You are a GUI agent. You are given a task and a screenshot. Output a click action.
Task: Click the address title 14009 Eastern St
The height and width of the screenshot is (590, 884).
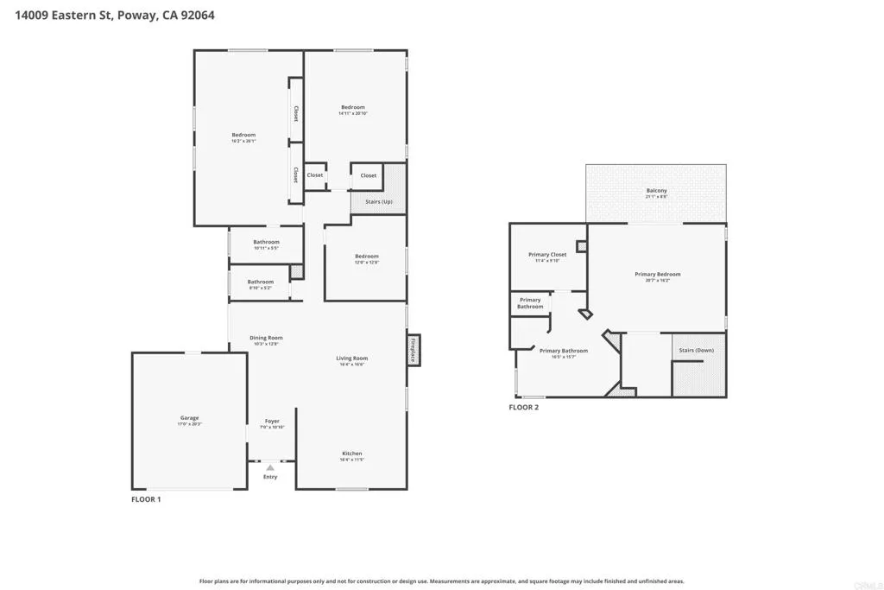pos(115,15)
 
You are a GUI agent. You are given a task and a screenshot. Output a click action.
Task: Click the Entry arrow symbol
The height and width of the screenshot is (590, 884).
pos(270,467)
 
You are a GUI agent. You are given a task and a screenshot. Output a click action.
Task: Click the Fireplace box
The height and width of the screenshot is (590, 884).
pos(414,350)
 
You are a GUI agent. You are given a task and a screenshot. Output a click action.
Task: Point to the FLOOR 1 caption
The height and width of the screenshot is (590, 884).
pos(146,499)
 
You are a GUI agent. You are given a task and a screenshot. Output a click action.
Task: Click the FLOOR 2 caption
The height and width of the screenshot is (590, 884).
pos(523,407)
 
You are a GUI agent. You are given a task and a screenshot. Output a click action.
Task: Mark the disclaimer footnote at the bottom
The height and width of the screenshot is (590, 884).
pos(441,581)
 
